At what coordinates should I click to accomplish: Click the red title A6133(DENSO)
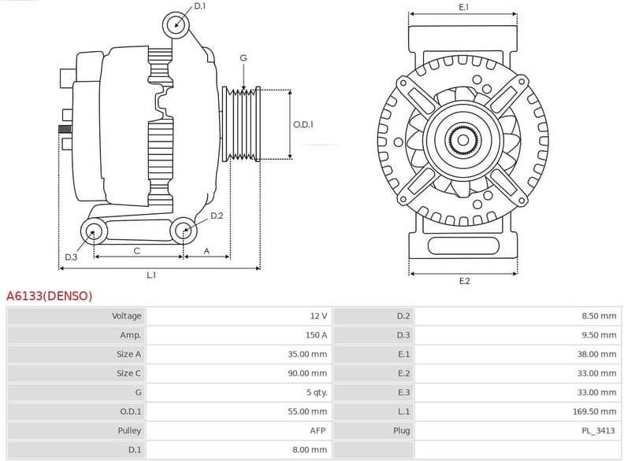(x=49, y=297)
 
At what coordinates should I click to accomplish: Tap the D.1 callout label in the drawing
(x=199, y=6)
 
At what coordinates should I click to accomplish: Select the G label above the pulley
(x=243, y=58)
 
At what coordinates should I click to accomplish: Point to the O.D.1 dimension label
(x=303, y=124)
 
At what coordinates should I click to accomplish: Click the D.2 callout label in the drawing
(x=217, y=216)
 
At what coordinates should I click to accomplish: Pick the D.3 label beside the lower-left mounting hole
(x=71, y=257)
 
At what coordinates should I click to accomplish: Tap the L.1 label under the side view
(x=151, y=275)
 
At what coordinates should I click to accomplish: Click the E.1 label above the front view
(x=463, y=7)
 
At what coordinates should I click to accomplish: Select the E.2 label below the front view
(x=464, y=281)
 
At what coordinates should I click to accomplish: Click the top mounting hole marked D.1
(x=177, y=24)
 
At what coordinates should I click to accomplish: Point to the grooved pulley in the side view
(x=240, y=124)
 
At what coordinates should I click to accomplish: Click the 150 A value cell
(x=318, y=335)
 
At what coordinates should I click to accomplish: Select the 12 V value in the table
(x=318, y=316)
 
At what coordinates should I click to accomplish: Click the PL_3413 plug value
(x=599, y=430)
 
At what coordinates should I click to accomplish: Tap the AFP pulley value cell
(x=318, y=430)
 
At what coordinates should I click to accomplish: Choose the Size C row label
(x=128, y=374)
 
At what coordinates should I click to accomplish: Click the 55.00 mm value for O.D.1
(x=307, y=411)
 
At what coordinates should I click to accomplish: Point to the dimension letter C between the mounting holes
(x=137, y=251)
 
